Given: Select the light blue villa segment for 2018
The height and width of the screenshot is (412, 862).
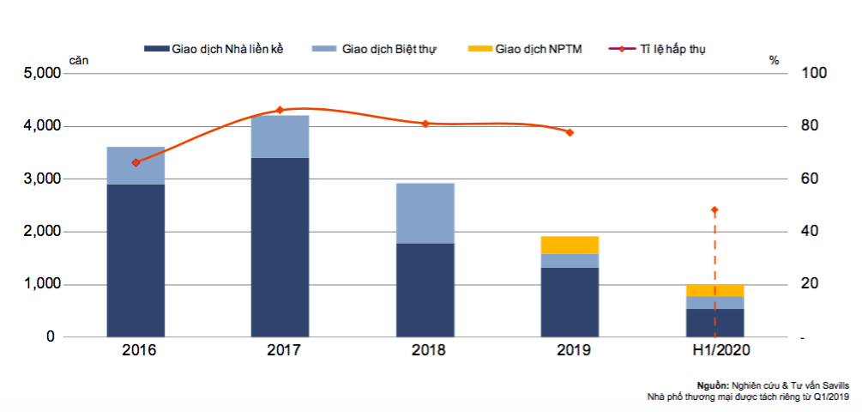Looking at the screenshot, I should (425, 213).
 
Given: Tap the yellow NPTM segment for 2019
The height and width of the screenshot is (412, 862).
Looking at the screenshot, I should (570, 245).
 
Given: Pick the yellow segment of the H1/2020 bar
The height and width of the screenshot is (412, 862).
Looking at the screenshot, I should (714, 290).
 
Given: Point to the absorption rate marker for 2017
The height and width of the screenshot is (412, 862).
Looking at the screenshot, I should (280, 110).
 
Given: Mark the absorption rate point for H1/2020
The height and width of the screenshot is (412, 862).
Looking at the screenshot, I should (714, 210).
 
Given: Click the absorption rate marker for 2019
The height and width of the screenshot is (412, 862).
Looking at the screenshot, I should (570, 132).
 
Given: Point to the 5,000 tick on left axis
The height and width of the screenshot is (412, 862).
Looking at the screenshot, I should (38, 74).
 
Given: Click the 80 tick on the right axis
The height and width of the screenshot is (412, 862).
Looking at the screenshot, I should (811, 126).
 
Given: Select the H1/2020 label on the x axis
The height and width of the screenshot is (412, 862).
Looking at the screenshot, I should (714, 350).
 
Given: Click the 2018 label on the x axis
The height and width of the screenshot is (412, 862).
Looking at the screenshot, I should (425, 350).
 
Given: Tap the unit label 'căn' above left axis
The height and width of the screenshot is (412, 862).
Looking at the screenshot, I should (79, 60).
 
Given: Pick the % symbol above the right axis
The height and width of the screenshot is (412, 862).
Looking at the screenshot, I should (774, 60).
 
